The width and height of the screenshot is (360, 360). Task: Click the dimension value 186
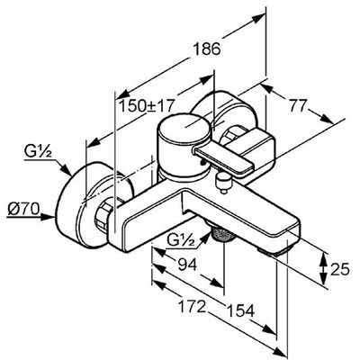206,49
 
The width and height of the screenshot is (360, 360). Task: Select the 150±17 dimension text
147,106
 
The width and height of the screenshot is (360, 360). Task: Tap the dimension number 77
298,105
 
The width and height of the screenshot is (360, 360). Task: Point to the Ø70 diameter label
23,209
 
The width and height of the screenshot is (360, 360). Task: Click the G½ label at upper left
38,153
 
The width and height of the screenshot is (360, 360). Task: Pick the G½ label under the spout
180,239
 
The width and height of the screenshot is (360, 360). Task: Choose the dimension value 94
187,265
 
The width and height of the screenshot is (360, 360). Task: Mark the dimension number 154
240,310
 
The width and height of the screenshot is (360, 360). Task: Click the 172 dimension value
192,306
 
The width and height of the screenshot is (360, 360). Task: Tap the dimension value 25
340,268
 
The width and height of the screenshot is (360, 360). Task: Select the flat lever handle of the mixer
223,159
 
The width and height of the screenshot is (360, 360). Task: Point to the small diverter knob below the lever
224,182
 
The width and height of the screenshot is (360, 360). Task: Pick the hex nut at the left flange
103,213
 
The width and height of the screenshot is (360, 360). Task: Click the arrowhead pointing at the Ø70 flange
48,217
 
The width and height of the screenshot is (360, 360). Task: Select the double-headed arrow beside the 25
323,268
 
